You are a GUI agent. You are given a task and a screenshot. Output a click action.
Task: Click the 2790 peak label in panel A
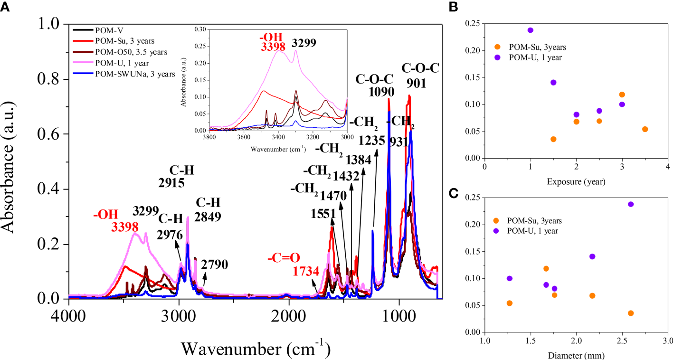214,265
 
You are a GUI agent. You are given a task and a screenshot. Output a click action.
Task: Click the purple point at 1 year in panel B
531,30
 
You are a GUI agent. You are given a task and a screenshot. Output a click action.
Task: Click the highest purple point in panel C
631,204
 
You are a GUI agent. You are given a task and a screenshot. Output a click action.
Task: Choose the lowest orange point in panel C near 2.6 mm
631,313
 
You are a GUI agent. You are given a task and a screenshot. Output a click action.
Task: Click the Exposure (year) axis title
576,181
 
